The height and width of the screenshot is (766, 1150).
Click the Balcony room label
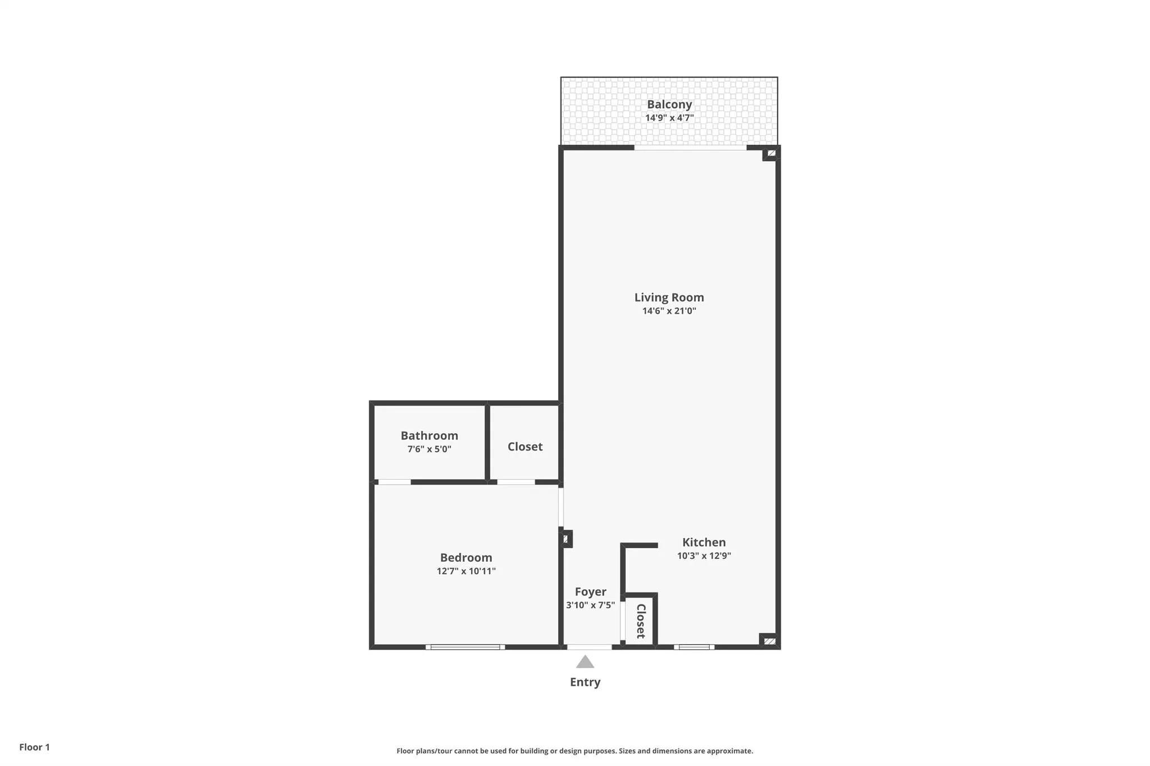pos(669,104)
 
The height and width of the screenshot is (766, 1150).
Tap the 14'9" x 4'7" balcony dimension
pos(669,118)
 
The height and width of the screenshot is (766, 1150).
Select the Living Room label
pos(669,297)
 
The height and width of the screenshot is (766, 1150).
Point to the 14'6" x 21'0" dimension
pos(669,311)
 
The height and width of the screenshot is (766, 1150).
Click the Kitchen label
pos(704,542)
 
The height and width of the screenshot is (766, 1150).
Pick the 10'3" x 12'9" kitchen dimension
pos(704,556)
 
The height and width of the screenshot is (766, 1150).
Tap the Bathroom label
pos(429,435)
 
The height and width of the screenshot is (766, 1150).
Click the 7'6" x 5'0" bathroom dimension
pos(429,449)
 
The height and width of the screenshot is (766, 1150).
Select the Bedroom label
pos(466,557)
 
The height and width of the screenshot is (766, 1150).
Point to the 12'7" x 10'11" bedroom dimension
pos(466,571)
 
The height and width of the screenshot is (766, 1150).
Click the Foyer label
pos(590,591)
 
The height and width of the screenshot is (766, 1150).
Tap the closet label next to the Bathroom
pos(524,447)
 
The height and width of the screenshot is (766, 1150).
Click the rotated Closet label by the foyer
pos(640,621)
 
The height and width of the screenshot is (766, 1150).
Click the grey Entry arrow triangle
pos(585,663)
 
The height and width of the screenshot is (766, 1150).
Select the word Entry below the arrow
pos(585,682)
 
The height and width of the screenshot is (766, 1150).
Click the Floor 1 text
pos(34,747)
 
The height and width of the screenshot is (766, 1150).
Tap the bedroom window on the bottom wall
pos(465,647)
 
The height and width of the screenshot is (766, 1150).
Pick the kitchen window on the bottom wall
pos(694,647)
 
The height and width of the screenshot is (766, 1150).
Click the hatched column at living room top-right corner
pos(771,153)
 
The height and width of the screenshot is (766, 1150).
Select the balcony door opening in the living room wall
pos(690,148)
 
